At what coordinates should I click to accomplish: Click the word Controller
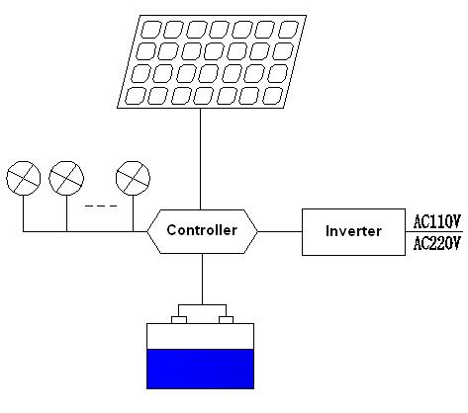pyautogui.click(x=202, y=230)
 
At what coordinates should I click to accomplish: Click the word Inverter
pyautogui.click(x=353, y=231)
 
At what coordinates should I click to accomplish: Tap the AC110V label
pyautogui.click(x=436, y=221)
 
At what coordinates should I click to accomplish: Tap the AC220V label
pyautogui.click(x=436, y=244)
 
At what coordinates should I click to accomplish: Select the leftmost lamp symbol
pyautogui.click(x=24, y=178)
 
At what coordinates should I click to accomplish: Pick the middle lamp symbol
pyautogui.click(x=66, y=178)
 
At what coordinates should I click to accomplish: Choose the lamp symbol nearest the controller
pyautogui.click(x=133, y=178)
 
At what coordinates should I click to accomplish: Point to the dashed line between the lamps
pyautogui.click(x=101, y=206)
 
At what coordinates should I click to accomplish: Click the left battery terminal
pyautogui.click(x=179, y=320)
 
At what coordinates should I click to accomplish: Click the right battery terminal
pyautogui.click(x=227, y=320)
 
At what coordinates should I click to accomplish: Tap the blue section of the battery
pyautogui.click(x=200, y=369)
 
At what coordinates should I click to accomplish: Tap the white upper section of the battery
pyautogui.click(x=200, y=336)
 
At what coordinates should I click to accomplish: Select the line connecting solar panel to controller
pyautogui.click(x=200, y=159)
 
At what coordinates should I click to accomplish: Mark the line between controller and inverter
pyautogui.click(x=280, y=231)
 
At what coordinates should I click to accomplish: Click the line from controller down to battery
pyautogui.click(x=202, y=279)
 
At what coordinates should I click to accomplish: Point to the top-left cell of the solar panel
pyautogui.click(x=150, y=30)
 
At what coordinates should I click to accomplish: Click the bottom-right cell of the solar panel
pyautogui.click(x=273, y=96)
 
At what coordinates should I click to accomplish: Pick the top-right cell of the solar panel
pyautogui.click(x=288, y=30)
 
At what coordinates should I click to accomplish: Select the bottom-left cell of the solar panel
pyautogui.click(x=136, y=96)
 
